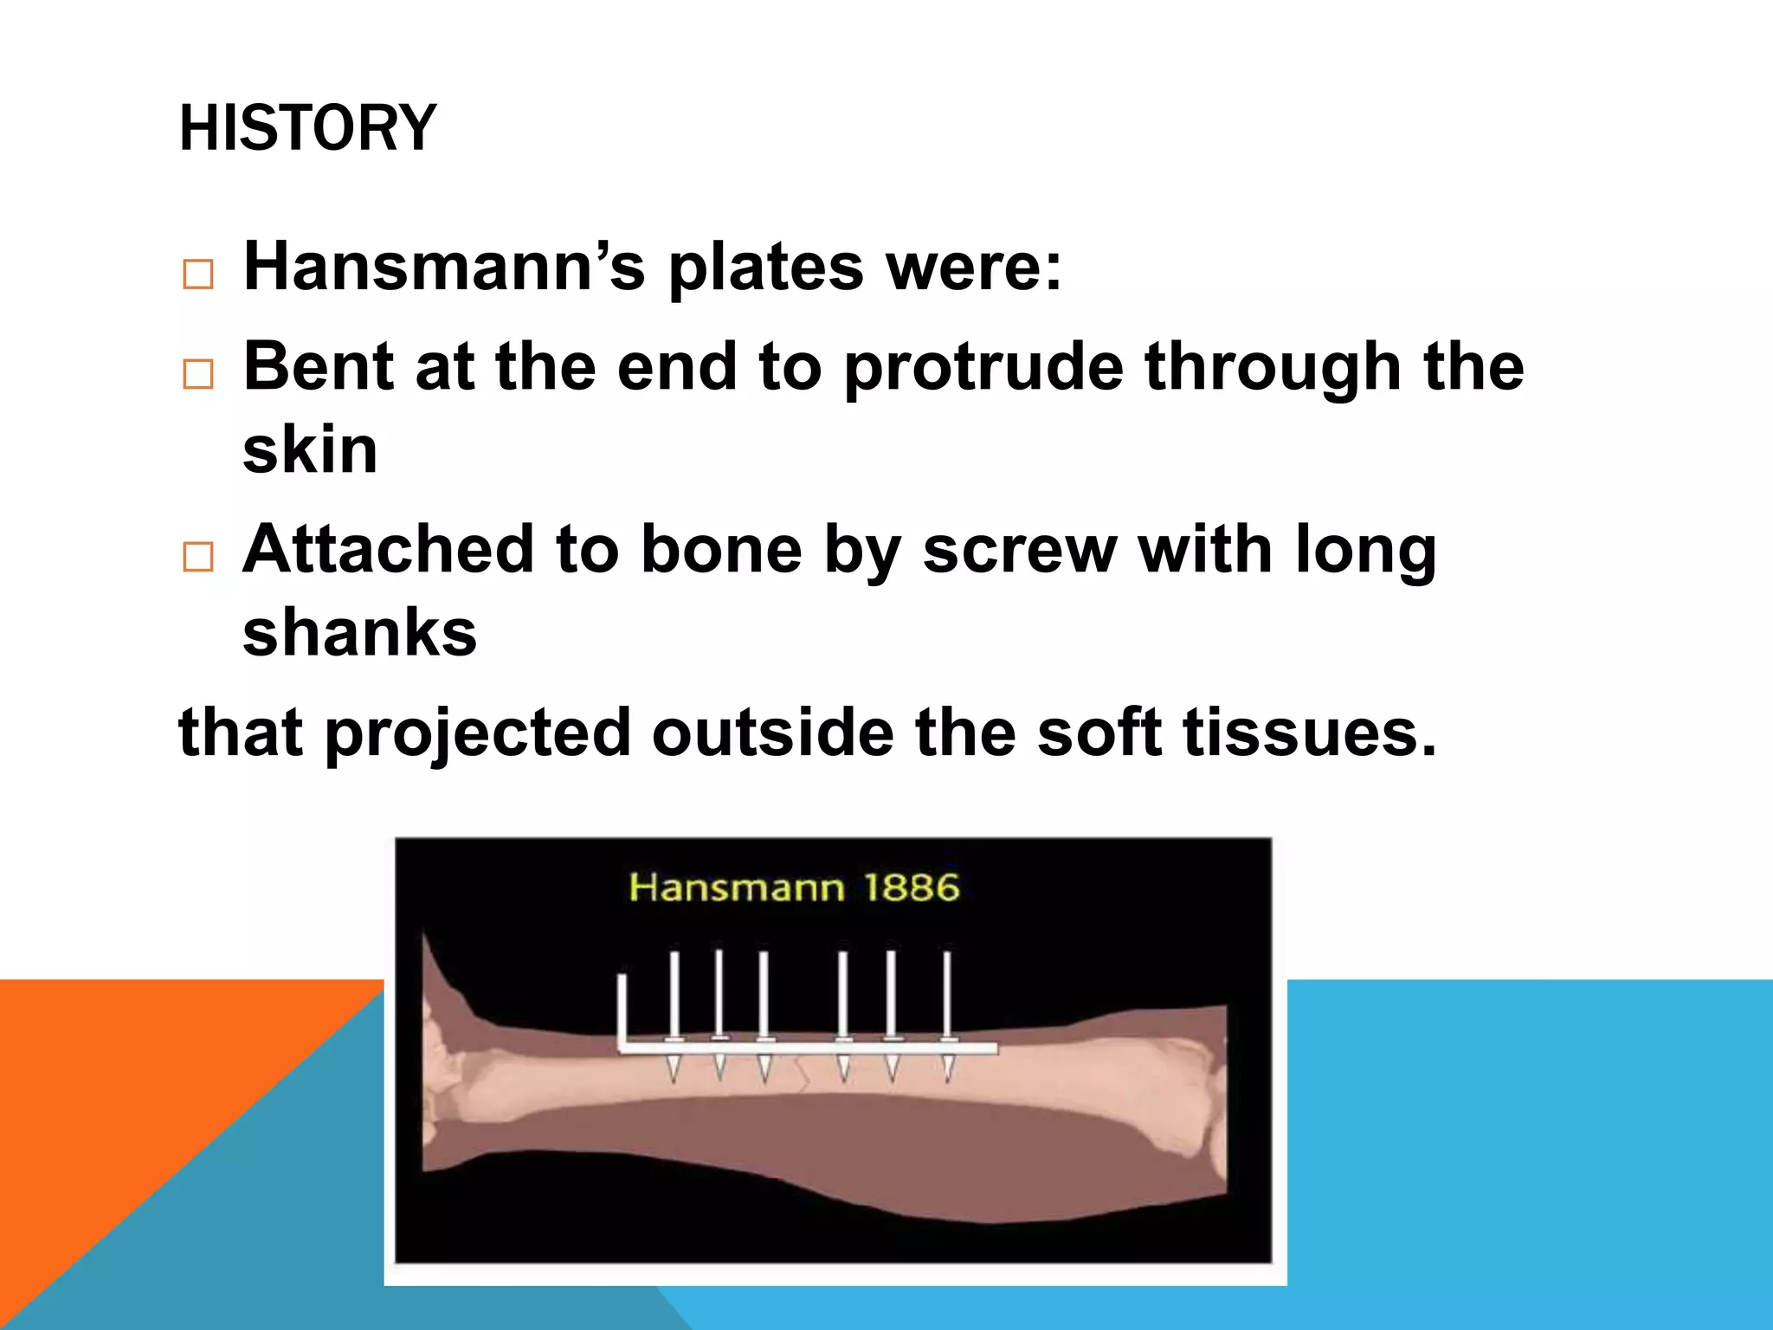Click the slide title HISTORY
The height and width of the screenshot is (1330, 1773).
pos(307,128)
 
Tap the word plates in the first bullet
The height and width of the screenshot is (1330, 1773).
pos(765,268)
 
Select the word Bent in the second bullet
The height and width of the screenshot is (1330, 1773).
pos(318,366)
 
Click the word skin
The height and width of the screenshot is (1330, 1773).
pos(310,450)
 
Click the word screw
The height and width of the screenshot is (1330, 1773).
pos(1019,551)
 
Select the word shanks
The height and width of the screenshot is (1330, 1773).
pos(359,632)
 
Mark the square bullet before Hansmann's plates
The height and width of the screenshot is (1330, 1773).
pos(198,274)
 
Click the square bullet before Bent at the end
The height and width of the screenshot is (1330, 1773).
pos(198,374)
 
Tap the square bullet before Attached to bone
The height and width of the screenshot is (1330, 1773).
pos(198,557)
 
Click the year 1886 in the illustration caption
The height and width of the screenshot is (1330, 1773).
pos(912,888)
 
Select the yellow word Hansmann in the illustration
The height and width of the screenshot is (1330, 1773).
pos(736,888)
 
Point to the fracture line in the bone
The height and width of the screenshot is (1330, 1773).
pos(802,1074)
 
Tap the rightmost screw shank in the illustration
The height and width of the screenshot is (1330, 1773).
pos(947,996)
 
